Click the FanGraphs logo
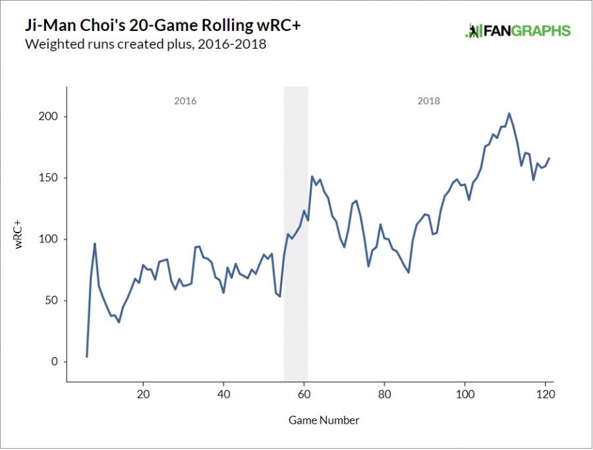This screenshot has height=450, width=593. pyautogui.click(x=517, y=30)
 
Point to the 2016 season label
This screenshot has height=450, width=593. pyautogui.click(x=185, y=101)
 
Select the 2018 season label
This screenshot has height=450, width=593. pyautogui.click(x=428, y=101)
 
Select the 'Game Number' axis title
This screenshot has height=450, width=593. pyautogui.click(x=324, y=420)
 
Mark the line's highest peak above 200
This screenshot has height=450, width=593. pyautogui.click(x=509, y=113)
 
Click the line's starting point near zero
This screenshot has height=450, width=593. pyautogui.click(x=87, y=356)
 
